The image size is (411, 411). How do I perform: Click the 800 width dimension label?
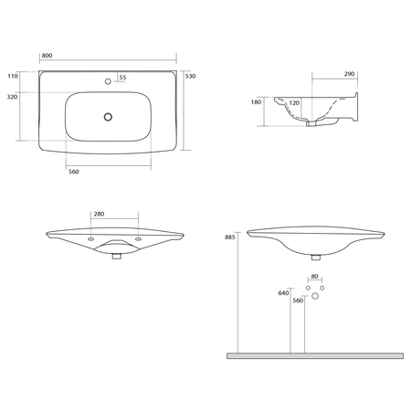click(47, 56)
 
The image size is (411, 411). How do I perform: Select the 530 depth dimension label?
click(190, 76)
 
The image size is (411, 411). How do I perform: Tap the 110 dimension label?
click(13, 76)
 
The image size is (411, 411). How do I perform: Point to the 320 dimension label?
click(12, 97)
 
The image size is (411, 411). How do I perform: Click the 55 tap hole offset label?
click(122, 78)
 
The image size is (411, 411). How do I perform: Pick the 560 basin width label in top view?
click(74, 172)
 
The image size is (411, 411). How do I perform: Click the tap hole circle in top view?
click(108, 81)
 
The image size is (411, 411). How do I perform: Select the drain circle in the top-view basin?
click(108, 117)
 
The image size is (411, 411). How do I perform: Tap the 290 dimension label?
click(349, 74)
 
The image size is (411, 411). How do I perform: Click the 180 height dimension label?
click(256, 102)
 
